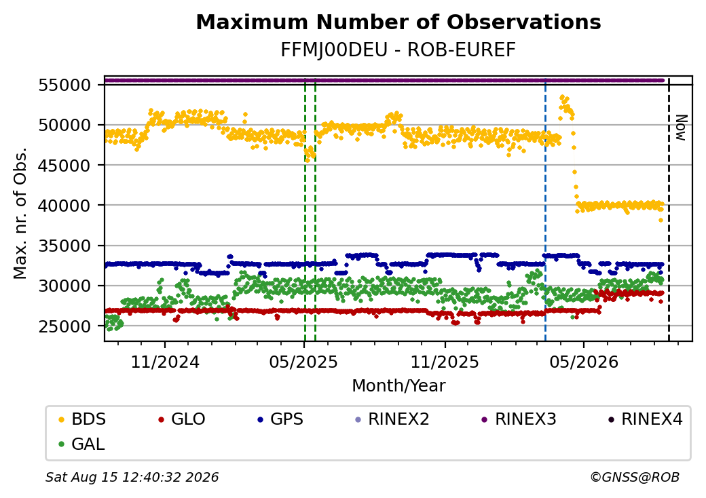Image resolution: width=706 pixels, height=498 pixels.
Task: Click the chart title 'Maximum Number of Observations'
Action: click(x=398, y=22)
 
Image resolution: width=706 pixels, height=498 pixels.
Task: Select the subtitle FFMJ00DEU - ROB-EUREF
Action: click(x=398, y=50)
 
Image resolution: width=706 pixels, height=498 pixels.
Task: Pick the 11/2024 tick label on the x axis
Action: click(x=165, y=362)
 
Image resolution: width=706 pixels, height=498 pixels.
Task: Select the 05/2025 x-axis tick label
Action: click(x=303, y=362)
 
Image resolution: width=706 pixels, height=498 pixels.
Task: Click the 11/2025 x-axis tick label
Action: click(x=445, y=362)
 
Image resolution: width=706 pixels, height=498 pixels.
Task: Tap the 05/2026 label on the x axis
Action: click(x=584, y=362)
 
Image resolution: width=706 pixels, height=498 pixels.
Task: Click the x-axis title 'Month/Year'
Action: click(x=398, y=386)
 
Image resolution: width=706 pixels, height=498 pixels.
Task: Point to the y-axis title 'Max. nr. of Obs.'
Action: click(x=20, y=213)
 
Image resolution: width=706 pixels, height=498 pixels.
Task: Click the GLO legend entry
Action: click(x=182, y=419)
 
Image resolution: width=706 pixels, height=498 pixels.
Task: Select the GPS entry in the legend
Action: click(x=280, y=419)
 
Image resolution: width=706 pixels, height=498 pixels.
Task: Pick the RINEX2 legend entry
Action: click(x=392, y=419)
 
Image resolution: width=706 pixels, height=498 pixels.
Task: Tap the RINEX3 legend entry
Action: click(x=519, y=419)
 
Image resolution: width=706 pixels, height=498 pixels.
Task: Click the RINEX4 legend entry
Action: click(x=645, y=419)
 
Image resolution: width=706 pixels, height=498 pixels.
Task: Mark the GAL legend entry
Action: click(x=82, y=444)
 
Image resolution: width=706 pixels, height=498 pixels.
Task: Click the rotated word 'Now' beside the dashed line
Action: click(x=682, y=128)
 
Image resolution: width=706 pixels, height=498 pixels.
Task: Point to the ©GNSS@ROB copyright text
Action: click(x=635, y=477)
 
